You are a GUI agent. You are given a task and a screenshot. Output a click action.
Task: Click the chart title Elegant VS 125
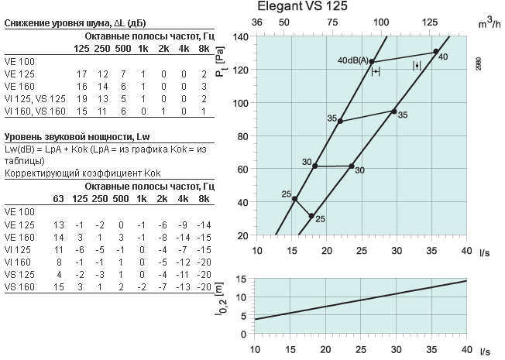click(x=302, y=6)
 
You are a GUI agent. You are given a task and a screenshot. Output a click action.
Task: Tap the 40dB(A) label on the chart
click(x=352, y=60)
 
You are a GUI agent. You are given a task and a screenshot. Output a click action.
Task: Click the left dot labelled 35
click(x=340, y=121)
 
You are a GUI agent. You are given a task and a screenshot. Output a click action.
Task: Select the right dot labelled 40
click(x=436, y=52)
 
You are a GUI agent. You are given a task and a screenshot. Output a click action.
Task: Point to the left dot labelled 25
click(x=294, y=199)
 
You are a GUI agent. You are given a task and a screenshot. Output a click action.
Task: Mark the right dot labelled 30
click(x=352, y=166)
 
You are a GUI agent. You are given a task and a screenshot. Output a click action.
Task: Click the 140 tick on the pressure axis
click(x=241, y=36)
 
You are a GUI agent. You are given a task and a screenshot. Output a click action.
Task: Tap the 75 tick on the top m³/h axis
click(x=332, y=22)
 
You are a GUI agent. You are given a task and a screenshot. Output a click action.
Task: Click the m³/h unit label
click(x=490, y=22)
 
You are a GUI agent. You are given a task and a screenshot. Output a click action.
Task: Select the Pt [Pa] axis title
click(x=220, y=61)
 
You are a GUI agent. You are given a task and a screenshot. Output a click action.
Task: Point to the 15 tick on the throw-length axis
click(x=241, y=279)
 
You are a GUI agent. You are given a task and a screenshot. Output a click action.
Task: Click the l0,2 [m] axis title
click(x=221, y=299)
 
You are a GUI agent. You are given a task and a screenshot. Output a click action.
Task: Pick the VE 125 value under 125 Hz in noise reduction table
click(x=81, y=74)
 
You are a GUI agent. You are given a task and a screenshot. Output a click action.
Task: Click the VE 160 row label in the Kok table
click(x=19, y=238)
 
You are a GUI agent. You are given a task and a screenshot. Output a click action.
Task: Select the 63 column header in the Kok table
click(x=58, y=199)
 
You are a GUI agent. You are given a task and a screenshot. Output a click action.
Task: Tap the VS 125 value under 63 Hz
click(x=60, y=275)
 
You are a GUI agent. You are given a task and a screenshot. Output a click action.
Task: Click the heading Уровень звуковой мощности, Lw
click(x=77, y=137)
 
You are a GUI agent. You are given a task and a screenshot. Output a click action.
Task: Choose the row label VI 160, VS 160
click(x=35, y=111)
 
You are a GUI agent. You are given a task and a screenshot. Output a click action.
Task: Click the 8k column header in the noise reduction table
click(x=204, y=49)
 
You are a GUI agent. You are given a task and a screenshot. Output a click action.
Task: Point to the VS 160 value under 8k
click(x=204, y=287)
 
